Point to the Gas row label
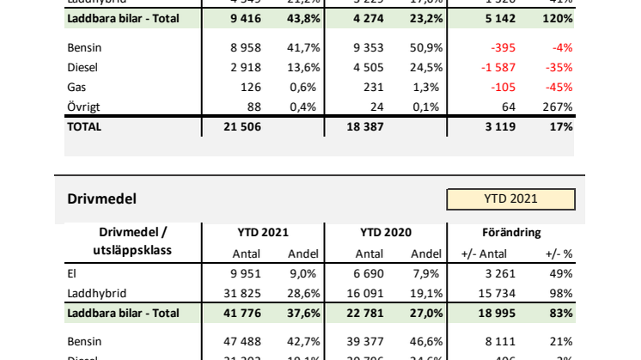pos(76,88)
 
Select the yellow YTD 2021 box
pos(510,198)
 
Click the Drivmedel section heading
pos(101,199)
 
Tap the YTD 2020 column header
pos(386,232)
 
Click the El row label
pos(72,275)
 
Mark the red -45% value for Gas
pos(559,88)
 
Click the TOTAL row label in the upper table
pos(83,126)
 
